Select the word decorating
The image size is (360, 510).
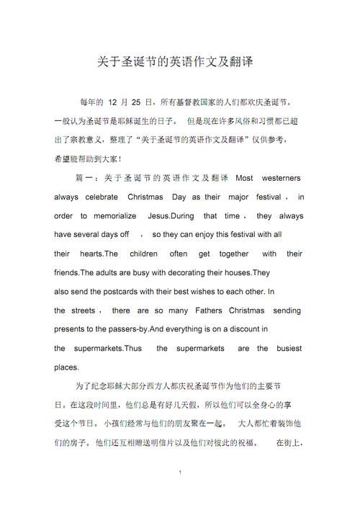(191, 273)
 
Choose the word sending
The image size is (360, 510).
(287, 310)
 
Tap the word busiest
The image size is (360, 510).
(289, 349)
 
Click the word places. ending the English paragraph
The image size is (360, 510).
(66, 367)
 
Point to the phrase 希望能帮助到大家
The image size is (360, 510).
(84, 158)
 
